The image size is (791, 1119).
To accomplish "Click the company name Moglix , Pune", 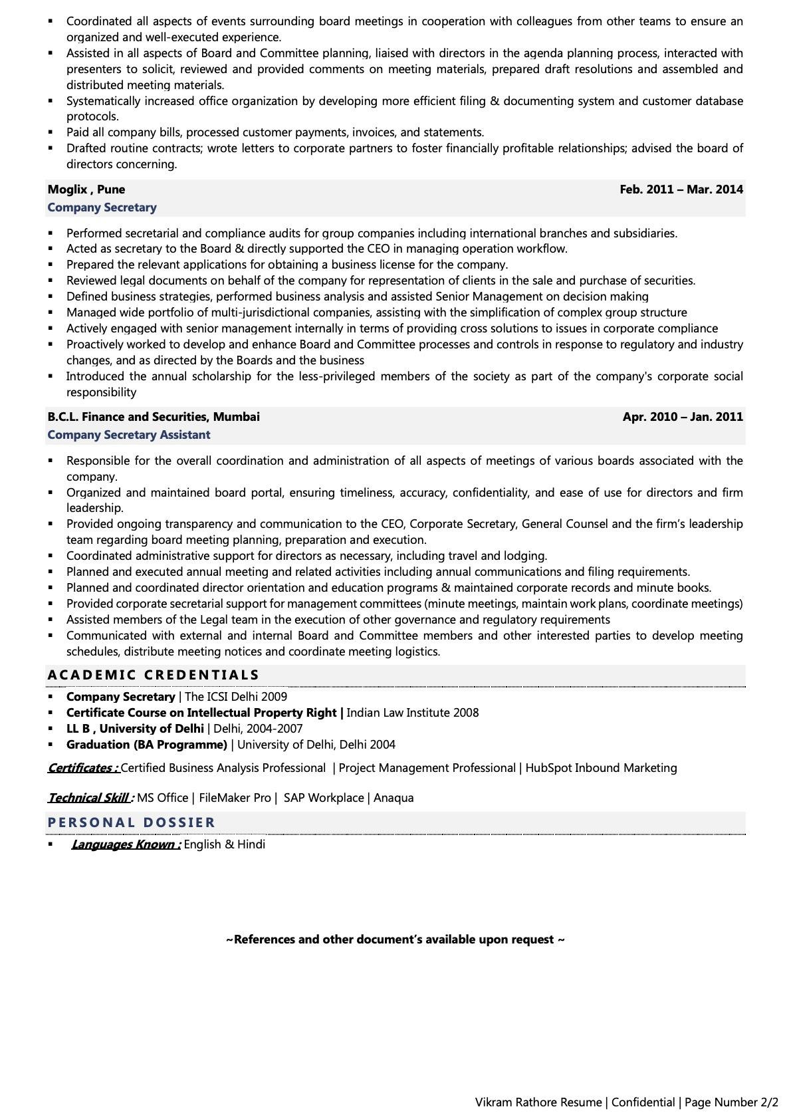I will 86,189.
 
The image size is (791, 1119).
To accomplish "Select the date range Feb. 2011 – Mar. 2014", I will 681,189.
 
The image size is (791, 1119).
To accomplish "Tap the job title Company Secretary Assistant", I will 128,435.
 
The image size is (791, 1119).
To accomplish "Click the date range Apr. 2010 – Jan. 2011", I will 682,417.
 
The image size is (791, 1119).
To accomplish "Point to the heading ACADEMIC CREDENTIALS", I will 153,675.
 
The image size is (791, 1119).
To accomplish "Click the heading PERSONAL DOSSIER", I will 131,822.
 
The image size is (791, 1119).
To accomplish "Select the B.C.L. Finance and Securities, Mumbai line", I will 154,417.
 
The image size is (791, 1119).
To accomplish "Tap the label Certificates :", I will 83,768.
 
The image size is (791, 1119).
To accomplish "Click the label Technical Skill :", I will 90,798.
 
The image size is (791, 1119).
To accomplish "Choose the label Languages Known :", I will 126,844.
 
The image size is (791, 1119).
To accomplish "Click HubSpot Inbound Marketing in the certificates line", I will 601,768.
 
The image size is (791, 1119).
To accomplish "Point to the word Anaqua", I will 394,798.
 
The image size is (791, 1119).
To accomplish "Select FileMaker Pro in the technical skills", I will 235,798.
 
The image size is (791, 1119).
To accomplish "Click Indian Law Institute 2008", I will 412,713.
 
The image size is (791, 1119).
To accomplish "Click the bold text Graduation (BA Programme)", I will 146,745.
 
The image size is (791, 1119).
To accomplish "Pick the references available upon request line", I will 395,939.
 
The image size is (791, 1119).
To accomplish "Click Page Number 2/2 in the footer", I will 731,1102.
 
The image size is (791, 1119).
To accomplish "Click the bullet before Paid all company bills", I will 51,132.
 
